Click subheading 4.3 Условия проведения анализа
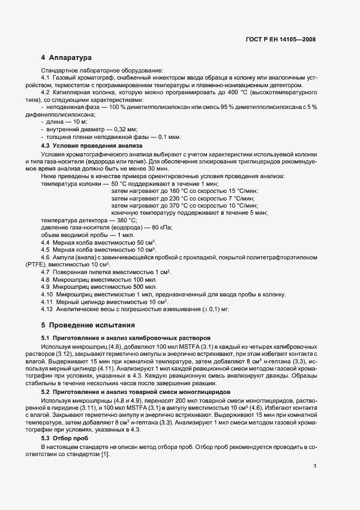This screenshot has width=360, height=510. point(91,146)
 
